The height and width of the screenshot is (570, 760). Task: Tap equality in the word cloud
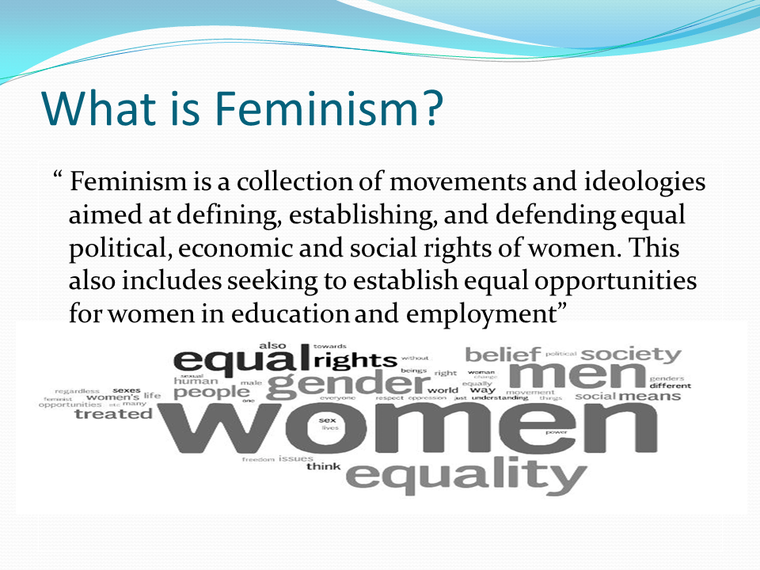(x=467, y=475)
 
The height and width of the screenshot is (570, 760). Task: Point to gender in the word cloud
(x=348, y=384)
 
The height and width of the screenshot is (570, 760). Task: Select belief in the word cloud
(x=503, y=353)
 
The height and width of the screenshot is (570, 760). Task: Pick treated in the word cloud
(x=112, y=413)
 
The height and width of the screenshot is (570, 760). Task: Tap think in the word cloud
(x=323, y=466)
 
